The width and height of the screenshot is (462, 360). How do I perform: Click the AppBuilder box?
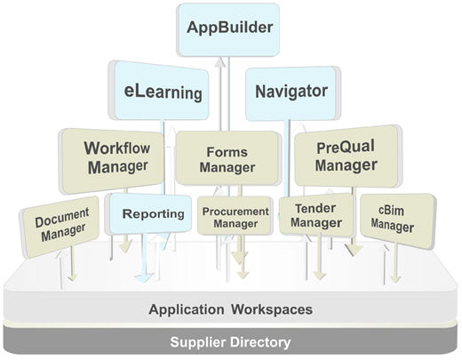click(x=228, y=29)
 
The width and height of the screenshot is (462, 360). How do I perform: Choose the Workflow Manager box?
click(x=113, y=161)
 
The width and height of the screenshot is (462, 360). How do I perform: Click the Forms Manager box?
click(x=227, y=158)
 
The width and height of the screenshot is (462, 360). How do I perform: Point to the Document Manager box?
click(x=60, y=227)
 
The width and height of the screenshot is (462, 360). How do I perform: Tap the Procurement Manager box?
click(x=235, y=216)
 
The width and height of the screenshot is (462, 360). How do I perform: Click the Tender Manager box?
click(x=316, y=215)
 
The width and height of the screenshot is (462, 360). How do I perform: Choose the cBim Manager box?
click(x=398, y=220)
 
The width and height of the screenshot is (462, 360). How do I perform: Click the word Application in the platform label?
click(x=187, y=309)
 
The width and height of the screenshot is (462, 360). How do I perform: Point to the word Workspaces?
click(x=272, y=309)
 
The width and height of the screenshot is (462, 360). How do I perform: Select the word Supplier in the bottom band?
click(x=198, y=342)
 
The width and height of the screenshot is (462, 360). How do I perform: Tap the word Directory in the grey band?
click(x=260, y=342)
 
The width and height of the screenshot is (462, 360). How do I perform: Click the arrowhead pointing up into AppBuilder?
click(x=219, y=62)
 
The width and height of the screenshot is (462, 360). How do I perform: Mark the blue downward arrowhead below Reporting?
click(x=144, y=277)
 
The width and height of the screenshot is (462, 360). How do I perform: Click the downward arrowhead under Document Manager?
click(x=73, y=277)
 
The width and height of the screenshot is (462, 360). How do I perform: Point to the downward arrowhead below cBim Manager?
click(x=395, y=278)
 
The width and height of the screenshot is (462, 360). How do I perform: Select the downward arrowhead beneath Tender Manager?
click(x=319, y=276)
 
